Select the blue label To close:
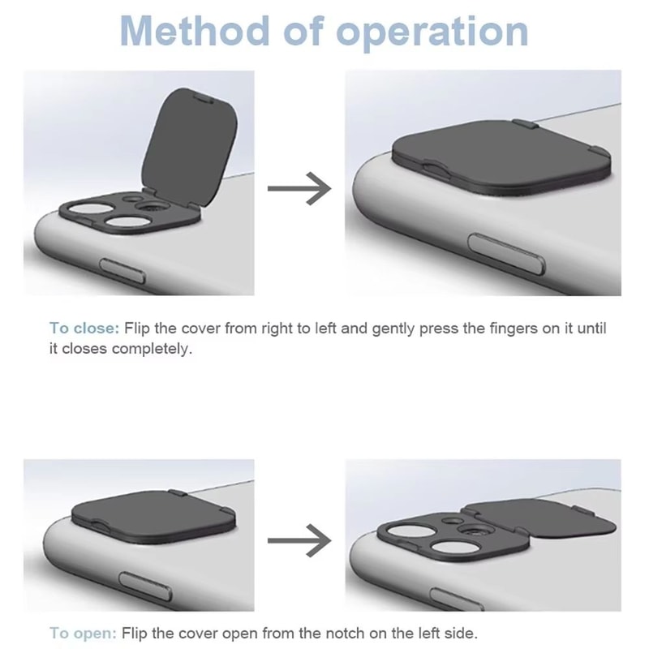tap(84, 329)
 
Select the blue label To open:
tap(82, 632)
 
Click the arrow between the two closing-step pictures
tap(299, 189)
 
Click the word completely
tap(153, 350)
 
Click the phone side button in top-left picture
tap(122, 264)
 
